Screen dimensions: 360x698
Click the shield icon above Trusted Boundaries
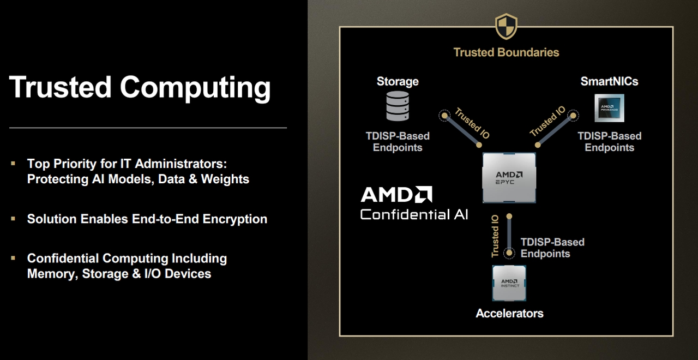tap(506, 26)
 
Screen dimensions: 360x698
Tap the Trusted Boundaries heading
tap(506, 52)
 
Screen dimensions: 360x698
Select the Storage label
tap(398, 82)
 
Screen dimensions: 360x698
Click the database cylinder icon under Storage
tap(398, 106)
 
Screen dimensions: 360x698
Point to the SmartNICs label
tap(609, 82)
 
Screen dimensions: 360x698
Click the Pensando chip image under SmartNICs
tap(609, 107)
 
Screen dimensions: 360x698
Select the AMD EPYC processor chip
tap(509, 178)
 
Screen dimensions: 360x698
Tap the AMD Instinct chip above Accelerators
tap(509, 283)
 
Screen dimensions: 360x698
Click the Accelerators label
tap(509, 314)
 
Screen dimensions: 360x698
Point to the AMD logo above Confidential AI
tap(396, 195)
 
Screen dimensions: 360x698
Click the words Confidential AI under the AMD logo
tap(414, 214)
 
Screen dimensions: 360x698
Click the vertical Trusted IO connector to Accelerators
tap(509, 235)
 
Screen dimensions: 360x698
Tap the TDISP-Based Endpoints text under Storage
tap(398, 142)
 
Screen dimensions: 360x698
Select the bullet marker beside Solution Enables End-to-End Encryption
tap(13, 219)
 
